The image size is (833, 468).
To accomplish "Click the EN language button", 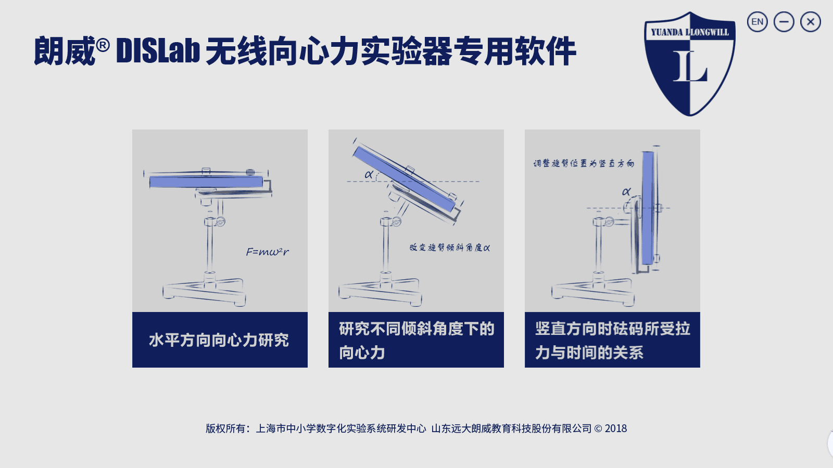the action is coord(757,21).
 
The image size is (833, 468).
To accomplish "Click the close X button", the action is coord(810,21).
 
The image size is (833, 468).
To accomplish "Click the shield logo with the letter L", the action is coord(690,63).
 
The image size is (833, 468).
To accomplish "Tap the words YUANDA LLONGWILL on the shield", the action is coord(690,32).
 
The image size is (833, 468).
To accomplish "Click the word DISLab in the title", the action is coord(158,51).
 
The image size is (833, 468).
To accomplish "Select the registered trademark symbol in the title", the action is coord(103,45).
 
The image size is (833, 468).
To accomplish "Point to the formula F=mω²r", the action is coord(268,252).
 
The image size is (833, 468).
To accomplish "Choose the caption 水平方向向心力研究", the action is coord(219,340).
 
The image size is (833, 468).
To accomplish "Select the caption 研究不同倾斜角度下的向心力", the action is coord(416,340).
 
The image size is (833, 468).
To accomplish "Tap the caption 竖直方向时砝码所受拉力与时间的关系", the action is coord(612,340).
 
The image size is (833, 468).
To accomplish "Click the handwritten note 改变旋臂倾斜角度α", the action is coord(450,248).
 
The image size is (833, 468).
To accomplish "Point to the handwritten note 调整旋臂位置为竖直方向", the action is coord(584,163).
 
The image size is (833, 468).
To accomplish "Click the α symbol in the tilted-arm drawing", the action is coord(369,174).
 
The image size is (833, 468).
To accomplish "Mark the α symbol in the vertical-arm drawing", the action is coord(626,192).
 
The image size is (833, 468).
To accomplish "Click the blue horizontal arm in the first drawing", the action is coord(206,181).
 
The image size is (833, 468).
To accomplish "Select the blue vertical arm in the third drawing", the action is coord(648,208).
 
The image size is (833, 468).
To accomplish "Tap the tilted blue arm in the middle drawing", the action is coord(404,179).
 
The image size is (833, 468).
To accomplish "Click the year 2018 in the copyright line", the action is coord(616,428).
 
